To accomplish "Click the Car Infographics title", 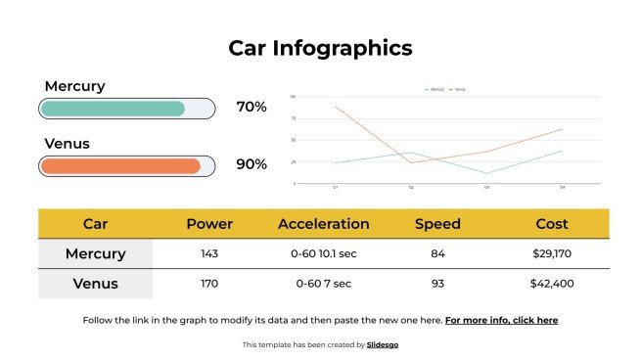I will (320, 48).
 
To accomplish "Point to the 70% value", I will (252, 107).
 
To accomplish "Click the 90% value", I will (252, 163).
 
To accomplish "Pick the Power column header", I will (209, 224).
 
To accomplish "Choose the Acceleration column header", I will (324, 224).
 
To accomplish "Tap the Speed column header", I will (437, 224).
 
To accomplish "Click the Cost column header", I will (552, 224).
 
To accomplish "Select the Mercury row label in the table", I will (96, 254).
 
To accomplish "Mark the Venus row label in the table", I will (96, 284).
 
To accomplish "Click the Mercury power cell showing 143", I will (209, 254).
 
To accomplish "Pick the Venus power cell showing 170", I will (209, 284).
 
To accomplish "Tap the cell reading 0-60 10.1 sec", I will (324, 254).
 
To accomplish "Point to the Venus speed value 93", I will (437, 284).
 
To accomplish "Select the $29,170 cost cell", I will (552, 254).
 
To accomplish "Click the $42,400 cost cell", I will (552, 284).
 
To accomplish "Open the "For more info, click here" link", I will (501, 320).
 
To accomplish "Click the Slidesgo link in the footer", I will (383, 344).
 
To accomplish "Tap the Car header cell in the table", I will (96, 224).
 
